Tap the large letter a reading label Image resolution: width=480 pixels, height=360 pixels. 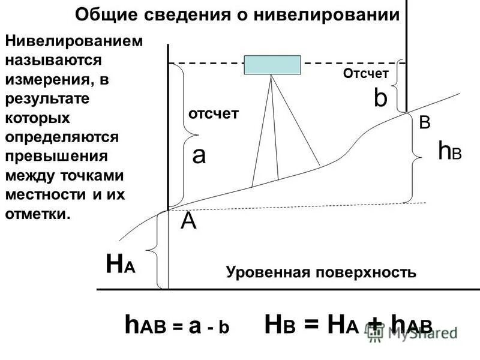coord(199,156)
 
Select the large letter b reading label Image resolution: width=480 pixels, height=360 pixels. coord(380,99)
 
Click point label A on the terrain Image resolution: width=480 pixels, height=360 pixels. coord(189,222)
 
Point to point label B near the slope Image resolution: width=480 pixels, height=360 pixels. coord(424,123)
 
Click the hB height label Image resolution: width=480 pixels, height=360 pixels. coord(449,152)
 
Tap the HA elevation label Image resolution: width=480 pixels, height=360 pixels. coord(120,265)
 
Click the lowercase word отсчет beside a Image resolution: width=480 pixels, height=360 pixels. coord(214,113)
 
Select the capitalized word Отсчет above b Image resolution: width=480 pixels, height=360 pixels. coord(366,73)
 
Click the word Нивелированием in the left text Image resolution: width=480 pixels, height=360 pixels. coord(74,41)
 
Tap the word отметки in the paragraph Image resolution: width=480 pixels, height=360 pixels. coord(36,214)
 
